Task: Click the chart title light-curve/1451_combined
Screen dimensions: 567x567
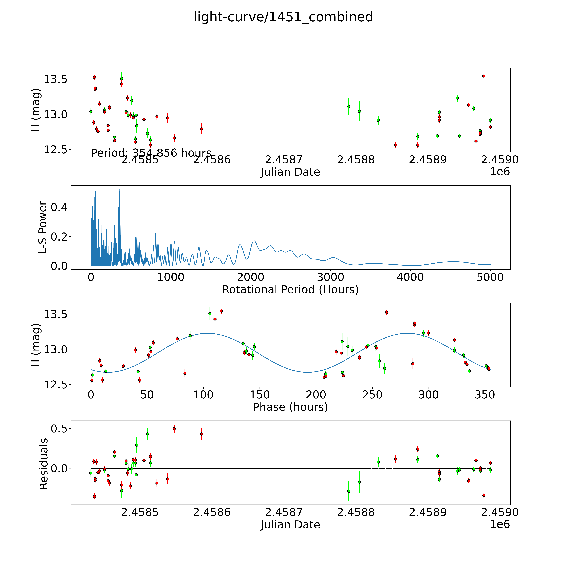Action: [x=283, y=17]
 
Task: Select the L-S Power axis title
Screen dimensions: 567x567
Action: [x=43, y=227]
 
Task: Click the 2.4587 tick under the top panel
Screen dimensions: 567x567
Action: [x=283, y=160]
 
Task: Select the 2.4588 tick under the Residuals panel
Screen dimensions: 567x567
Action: [x=356, y=512]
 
